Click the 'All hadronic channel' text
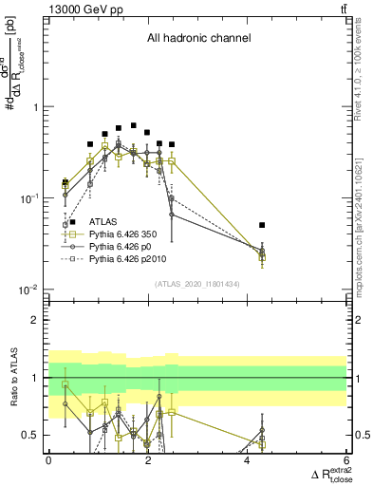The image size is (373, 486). tap(198, 39)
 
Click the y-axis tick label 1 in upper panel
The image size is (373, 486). tap(37, 107)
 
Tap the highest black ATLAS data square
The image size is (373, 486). tap(134, 125)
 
